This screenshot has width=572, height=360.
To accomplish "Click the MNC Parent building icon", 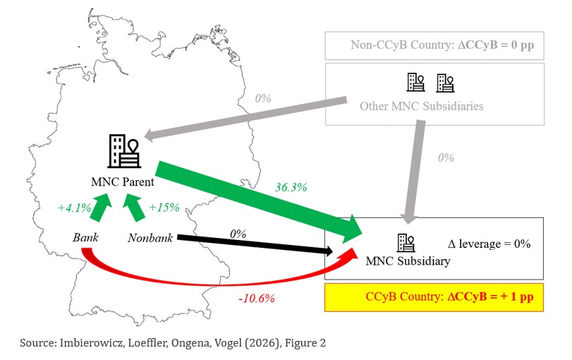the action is [x=124, y=151].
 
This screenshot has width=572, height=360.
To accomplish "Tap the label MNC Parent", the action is [x=123, y=181].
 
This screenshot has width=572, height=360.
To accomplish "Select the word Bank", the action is [x=85, y=237].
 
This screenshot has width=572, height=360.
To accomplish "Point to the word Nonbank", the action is [x=150, y=238].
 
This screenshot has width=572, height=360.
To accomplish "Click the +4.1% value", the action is [x=75, y=208].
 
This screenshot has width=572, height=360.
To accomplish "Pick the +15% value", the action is [x=164, y=208].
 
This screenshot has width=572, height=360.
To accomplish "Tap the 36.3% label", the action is [x=291, y=187].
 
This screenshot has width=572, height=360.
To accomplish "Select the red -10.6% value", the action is [x=257, y=299].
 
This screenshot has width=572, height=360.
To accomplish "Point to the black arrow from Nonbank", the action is [x=255, y=244].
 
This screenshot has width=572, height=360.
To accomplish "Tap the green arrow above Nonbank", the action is [x=134, y=208].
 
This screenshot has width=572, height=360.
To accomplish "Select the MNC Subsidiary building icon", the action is [x=406, y=243].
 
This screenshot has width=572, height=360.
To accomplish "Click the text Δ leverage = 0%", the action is [x=489, y=244].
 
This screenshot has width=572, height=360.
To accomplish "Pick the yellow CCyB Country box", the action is [x=434, y=297].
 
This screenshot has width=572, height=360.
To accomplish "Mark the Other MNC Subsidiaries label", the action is [x=422, y=106].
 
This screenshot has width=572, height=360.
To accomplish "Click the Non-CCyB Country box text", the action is [x=442, y=45].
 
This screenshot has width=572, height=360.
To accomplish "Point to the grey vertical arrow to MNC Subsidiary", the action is [x=415, y=172].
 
